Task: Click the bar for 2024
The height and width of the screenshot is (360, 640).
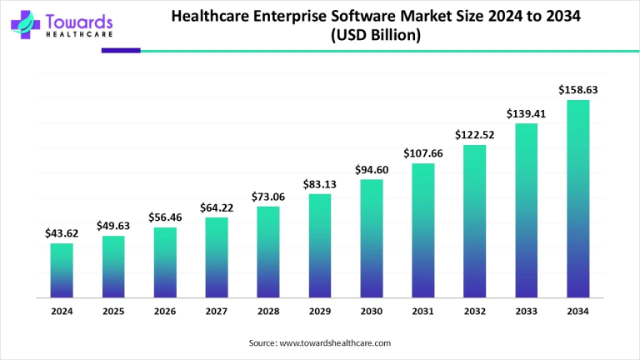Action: coord(62,270)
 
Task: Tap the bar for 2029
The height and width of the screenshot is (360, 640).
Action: coord(320,246)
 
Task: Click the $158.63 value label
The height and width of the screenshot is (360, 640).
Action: coord(578,89)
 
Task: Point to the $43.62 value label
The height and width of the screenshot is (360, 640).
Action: coord(62,232)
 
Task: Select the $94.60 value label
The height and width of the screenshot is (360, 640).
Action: coord(372,169)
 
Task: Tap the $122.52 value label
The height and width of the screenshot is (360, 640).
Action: coord(475,134)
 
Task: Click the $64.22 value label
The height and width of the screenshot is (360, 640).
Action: coord(217,207)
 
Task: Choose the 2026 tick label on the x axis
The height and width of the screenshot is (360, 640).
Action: coord(165,311)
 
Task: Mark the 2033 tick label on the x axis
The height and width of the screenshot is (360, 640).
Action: coord(527,311)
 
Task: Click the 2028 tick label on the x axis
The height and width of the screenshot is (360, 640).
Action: coord(268,311)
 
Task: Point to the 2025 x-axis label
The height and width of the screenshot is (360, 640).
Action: coord(113,311)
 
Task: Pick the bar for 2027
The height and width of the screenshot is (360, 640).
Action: coord(217,257)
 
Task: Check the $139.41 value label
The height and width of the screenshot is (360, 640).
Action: coord(527,113)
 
